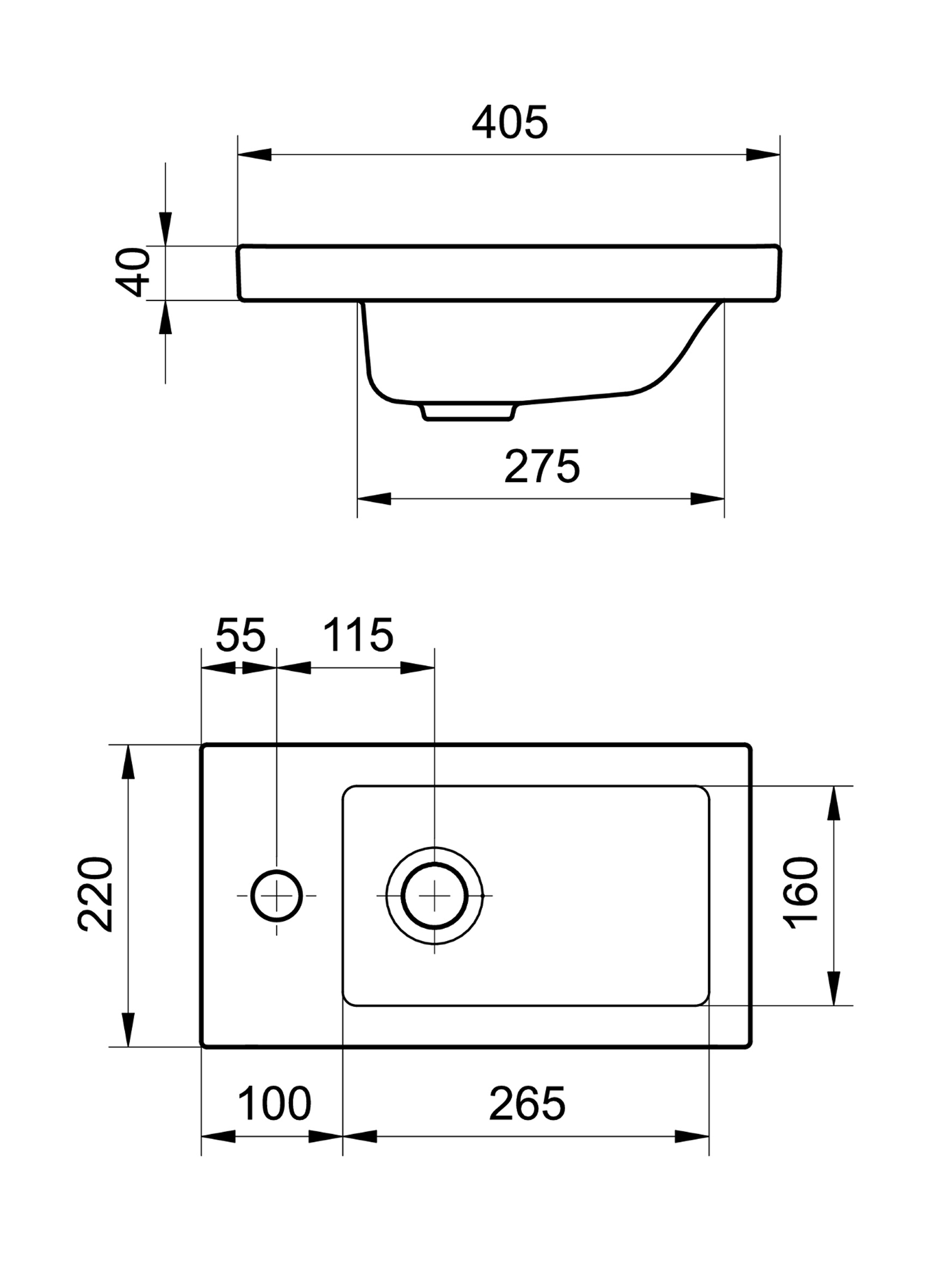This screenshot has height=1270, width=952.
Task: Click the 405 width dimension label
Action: [509, 122]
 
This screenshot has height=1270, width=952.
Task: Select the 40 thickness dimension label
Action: [133, 272]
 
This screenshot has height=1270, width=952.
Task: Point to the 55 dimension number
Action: [241, 635]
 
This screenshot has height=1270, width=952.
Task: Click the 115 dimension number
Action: [358, 635]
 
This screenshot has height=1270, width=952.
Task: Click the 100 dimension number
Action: [274, 1103]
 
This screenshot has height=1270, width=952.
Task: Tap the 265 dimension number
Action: [527, 1103]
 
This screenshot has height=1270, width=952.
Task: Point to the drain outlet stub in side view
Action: [467, 412]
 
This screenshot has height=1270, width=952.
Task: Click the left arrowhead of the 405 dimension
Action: [255, 155]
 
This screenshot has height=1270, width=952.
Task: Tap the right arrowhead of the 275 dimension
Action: [707, 499]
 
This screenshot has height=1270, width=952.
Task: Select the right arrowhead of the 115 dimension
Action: [417, 668]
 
